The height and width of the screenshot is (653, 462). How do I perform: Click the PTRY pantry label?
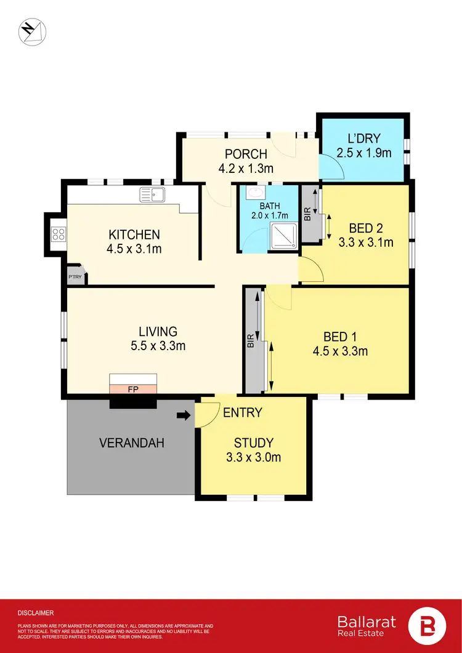click(x=75, y=276)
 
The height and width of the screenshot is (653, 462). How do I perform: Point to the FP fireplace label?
click(x=132, y=389)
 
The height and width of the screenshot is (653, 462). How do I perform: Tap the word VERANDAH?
click(x=131, y=443)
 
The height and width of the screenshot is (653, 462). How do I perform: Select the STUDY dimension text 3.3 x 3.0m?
click(x=253, y=457)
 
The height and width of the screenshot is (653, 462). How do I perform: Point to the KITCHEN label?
click(x=134, y=234)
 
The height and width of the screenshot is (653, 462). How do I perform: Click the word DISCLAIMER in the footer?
click(x=36, y=613)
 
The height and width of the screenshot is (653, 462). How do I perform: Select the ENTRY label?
click(x=243, y=412)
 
